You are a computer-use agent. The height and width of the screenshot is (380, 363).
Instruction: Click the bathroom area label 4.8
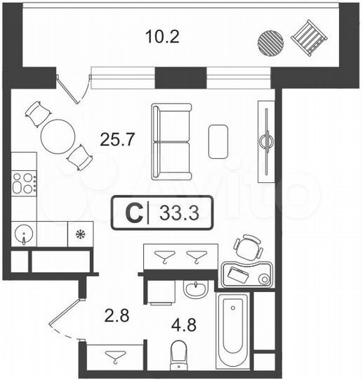tap(185, 326)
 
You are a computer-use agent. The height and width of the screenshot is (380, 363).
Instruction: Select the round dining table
tap(57, 136)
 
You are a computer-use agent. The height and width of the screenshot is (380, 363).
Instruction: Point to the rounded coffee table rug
tap(218, 141)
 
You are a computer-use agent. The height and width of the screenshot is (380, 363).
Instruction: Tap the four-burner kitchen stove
tap(23, 183)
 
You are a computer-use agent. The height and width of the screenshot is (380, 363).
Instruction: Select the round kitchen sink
tap(25, 233)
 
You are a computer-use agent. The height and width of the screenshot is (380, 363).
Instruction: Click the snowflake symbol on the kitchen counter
tap(80, 234)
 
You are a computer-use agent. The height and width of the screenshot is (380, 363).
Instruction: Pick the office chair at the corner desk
tap(249, 248)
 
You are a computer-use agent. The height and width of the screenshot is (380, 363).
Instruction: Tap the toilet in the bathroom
tap(180, 353)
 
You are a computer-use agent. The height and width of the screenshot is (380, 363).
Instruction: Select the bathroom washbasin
tap(194, 289)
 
